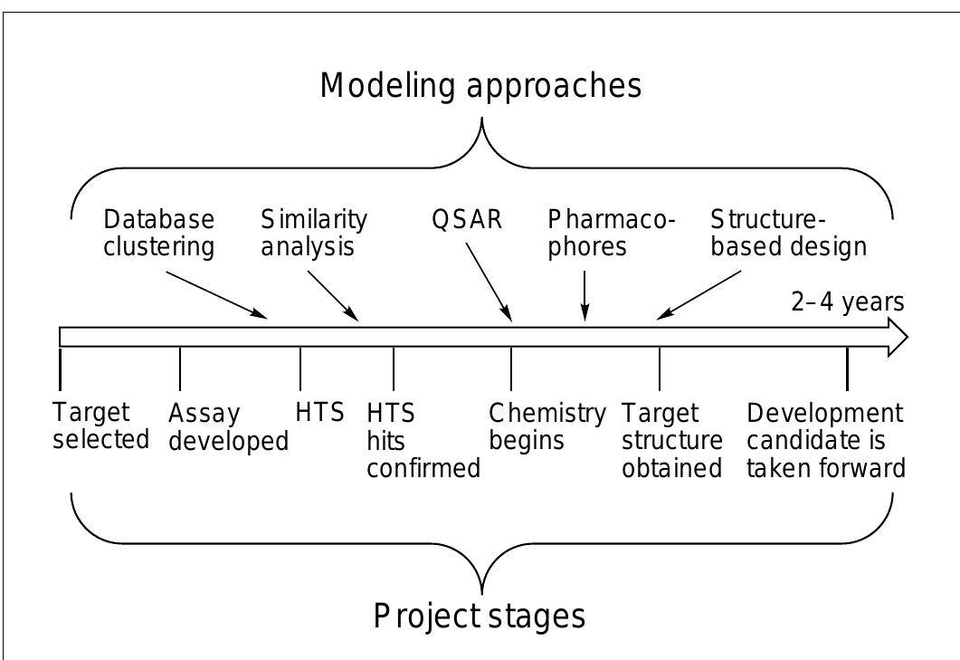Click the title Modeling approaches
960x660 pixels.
pyautogui.click(x=480, y=87)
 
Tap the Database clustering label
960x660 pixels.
pyautogui.click(x=159, y=234)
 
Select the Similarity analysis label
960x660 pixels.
pyautogui.click(x=314, y=234)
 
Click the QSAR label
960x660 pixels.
pyautogui.click(x=466, y=221)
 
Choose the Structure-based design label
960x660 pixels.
pyautogui.click(x=788, y=234)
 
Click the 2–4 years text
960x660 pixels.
pyautogui.click(x=847, y=302)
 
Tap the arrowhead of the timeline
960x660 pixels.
pyautogui.click(x=897, y=337)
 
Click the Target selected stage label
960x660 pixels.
pyautogui.click(x=99, y=426)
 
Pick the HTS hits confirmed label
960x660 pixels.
pyautogui.click(x=422, y=441)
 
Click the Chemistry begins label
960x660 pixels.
pyautogui.click(x=547, y=426)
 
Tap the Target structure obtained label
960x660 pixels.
pyautogui.click(x=671, y=441)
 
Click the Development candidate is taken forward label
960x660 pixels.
pyautogui.click(x=825, y=441)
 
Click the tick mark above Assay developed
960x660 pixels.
pyautogui.click(x=180, y=368)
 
